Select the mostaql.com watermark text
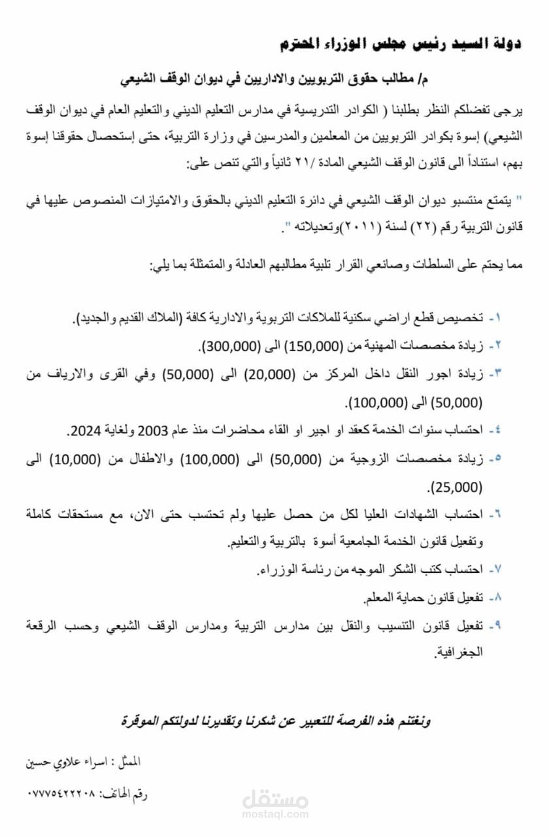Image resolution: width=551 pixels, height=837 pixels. pos(275,815)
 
